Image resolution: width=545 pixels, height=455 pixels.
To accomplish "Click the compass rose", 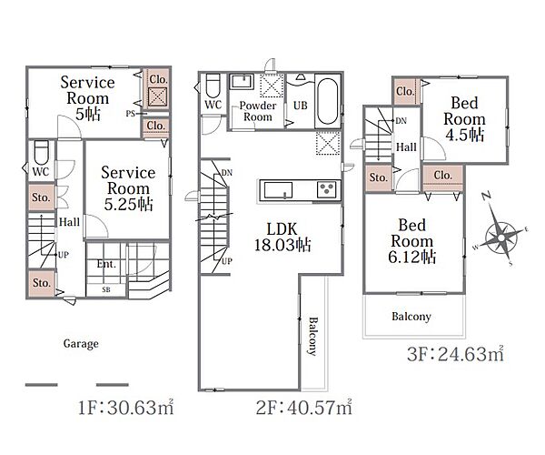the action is (x=500, y=237).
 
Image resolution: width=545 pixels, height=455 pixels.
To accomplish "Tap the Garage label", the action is (x=81, y=344).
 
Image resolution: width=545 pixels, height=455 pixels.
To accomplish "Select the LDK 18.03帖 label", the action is (x=282, y=238).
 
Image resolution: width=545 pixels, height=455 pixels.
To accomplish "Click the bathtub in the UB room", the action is (x=327, y=101).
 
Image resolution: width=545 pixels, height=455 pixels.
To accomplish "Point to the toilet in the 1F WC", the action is (x=42, y=152).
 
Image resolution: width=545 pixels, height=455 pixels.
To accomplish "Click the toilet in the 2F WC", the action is (x=213, y=86).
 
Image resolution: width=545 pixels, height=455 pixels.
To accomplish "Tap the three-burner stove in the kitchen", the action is (x=327, y=189).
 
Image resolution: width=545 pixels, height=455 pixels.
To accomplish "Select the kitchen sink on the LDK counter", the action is (x=278, y=190).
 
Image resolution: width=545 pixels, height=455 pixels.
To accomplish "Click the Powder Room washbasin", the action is (x=242, y=82).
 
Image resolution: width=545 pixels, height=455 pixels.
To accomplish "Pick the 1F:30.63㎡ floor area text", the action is (x=126, y=407).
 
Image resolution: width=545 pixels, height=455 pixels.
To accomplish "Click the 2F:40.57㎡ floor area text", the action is (x=304, y=407).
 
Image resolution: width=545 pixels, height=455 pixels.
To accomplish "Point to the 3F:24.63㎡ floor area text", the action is (x=456, y=354).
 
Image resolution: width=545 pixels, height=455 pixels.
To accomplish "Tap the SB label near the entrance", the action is (x=106, y=289).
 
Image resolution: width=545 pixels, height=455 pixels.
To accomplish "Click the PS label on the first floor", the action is (x=131, y=114).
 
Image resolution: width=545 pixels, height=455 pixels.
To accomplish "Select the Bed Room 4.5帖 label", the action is (x=464, y=118).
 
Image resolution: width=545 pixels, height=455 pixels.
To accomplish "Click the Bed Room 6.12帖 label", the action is (x=411, y=241).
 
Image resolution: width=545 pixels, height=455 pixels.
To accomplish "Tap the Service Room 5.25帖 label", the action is (x=128, y=188).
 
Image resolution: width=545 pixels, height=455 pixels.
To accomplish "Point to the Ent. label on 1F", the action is (x=106, y=264).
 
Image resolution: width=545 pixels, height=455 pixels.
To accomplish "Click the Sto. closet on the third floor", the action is (x=379, y=177).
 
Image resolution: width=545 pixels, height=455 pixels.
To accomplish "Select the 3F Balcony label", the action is (x=411, y=317).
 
